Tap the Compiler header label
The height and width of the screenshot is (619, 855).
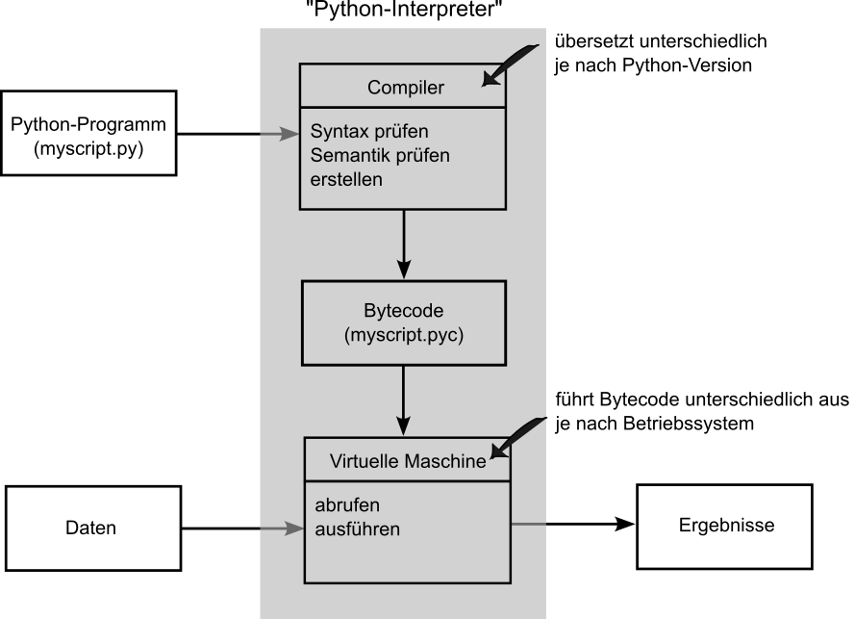click(405, 88)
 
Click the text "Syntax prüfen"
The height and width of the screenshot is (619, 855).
click(367, 130)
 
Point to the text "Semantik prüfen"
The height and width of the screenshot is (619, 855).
click(379, 154)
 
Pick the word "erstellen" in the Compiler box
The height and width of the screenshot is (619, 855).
click(346, 178)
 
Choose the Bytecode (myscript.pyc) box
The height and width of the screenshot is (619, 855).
click(405, 322)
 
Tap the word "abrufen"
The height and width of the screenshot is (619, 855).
click(347, 505)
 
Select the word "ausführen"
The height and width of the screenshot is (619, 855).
click(357, 529)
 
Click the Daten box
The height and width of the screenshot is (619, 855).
click(92, 528)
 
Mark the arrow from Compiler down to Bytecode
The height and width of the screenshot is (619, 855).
click(405, 243)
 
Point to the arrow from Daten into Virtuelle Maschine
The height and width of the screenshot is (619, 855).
click(240, 528)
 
